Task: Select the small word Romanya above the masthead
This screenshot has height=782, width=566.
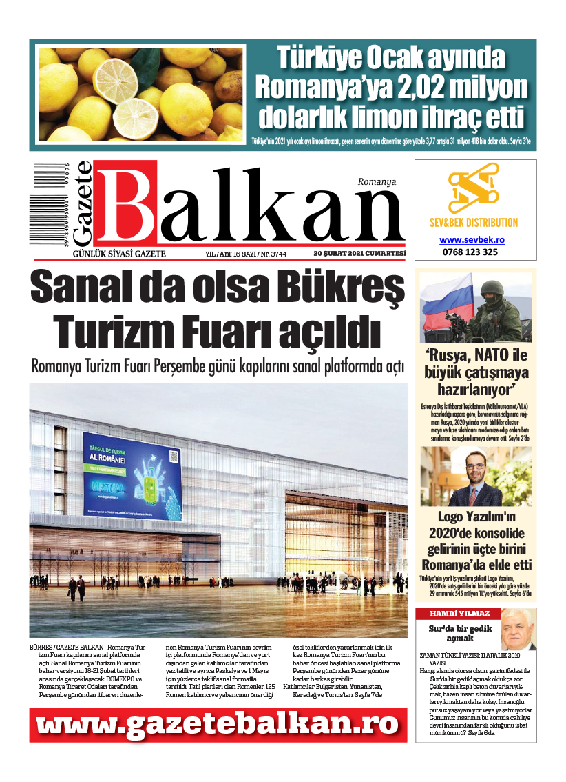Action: pos(377,182)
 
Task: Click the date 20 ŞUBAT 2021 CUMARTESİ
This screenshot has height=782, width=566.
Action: pos(359,254)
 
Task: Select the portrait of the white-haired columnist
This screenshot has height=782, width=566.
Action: pos(518,629)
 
